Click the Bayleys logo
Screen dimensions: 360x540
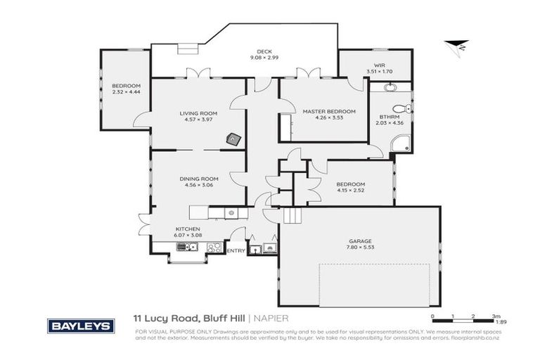80,326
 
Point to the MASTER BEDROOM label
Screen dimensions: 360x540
328,111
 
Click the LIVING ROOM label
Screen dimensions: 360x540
198,113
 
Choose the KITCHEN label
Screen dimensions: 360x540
188,229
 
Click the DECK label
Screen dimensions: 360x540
264,51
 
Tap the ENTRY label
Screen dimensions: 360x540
236,250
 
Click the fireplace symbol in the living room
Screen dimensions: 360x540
232,139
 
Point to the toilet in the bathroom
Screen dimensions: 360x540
401,108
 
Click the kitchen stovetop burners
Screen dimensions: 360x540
214,247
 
